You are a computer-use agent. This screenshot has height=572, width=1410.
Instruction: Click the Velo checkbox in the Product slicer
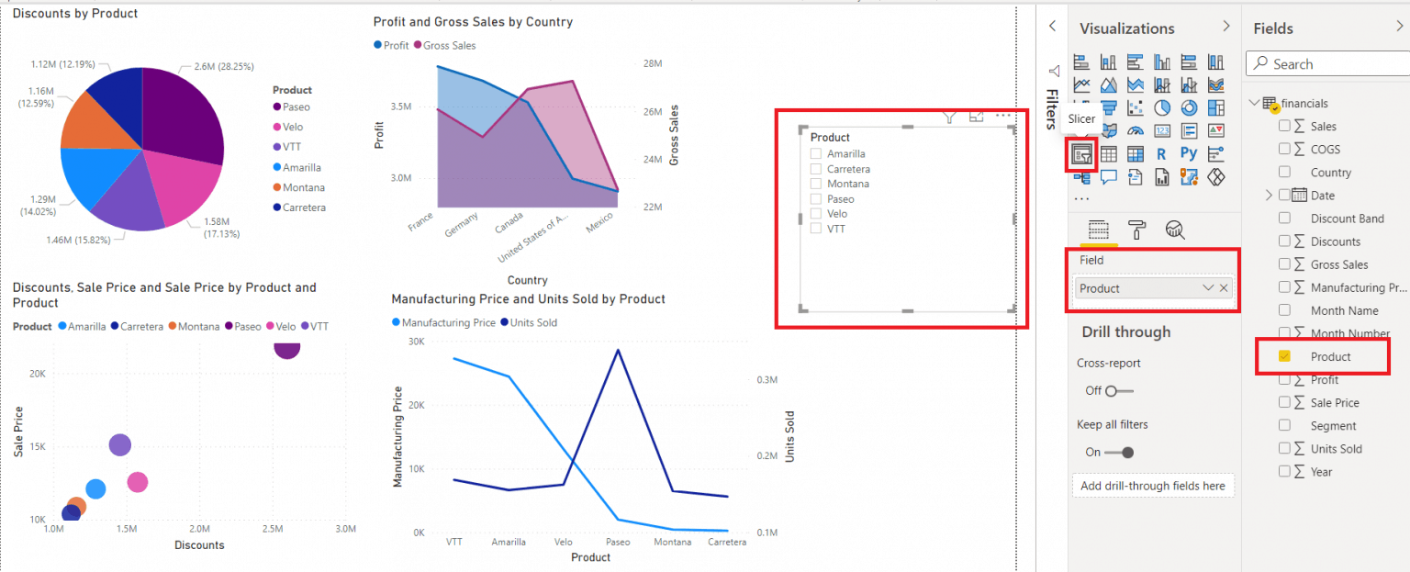click(x=816, y=214)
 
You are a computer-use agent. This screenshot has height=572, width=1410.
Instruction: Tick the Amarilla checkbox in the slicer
click(x=816, y=153)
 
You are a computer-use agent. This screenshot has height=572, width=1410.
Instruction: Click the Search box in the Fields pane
click(x=1328, y=64)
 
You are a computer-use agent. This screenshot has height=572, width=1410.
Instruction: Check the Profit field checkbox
click(x=1285, y=379)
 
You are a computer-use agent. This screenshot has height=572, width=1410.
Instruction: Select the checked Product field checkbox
click(x=1285, y=356)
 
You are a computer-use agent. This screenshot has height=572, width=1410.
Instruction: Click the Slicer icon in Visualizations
click(x=1081, y=154)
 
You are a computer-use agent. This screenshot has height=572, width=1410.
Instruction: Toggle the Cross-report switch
click(x=1119, y=391)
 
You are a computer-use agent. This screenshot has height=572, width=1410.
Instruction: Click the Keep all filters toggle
click(x=1119, y=453)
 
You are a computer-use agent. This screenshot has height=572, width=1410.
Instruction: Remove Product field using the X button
click(x=1224, y=288)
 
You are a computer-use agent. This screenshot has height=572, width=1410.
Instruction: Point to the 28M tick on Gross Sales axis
click(x=653, y=63)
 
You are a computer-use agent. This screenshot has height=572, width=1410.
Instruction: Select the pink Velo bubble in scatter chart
click(x=137, y=483)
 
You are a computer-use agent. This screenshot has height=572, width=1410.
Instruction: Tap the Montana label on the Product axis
click(x=672, y=542)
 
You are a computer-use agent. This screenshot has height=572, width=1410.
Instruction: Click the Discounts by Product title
click(x=75, y=13)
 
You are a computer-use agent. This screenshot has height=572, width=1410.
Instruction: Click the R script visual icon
click(x=1161, y=154)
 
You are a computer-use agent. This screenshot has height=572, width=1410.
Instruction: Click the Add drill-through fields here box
click(x=1153, y=486)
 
